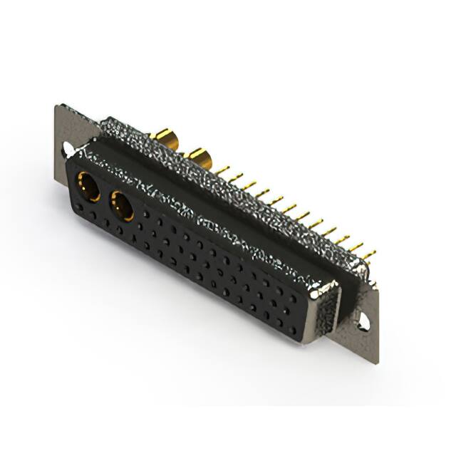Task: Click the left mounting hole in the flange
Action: [67, 148]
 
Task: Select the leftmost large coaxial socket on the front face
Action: [88, 187]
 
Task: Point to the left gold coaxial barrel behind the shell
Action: [165, 137]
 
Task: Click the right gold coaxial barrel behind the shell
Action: [198, 157]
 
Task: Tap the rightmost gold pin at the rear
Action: [369, 255]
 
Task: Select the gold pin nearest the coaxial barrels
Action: [222, 171]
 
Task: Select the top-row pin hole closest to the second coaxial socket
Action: [147, 212]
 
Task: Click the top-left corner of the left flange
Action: [57, 107]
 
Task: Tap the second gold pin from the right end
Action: [356, 248]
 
